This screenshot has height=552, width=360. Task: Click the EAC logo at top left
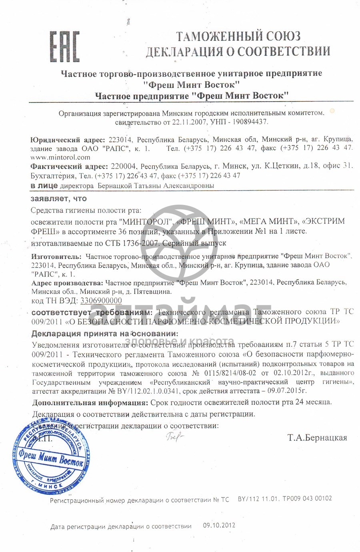(64, 47)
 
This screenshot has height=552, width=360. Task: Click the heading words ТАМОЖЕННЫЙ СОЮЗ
(238, 36)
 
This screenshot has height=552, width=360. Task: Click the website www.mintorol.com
(60, 157)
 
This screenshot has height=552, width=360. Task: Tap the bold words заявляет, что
(59, 199)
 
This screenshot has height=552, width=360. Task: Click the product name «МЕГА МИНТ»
(269, 221)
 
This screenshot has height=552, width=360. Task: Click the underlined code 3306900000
(101, 301)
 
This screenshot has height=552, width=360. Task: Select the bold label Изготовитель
(56, 256)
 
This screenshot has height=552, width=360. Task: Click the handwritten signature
(174, 437)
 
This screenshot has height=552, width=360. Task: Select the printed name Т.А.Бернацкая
(317, 437)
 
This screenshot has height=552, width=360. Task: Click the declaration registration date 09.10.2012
(219, 525)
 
